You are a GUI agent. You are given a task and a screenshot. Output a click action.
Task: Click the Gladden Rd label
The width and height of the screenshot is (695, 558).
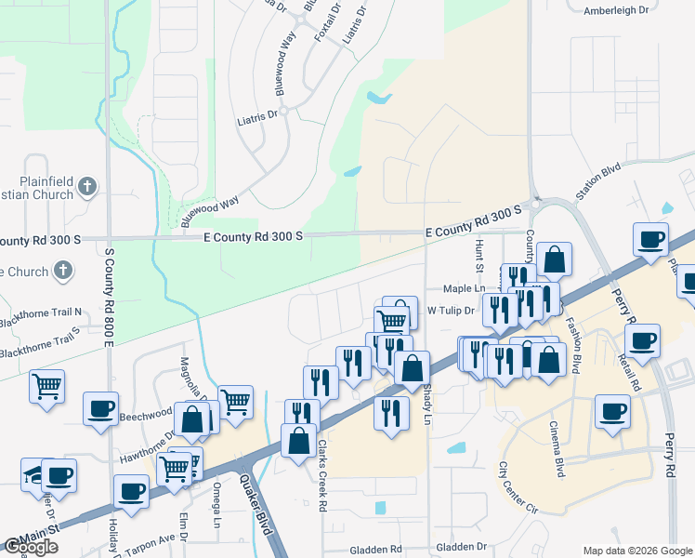click(377, 549)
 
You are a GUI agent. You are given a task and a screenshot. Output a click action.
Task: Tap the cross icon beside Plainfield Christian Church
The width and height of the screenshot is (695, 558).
click(87, 187)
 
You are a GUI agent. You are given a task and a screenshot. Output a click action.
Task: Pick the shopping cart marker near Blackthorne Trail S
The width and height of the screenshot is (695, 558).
click(46, 384)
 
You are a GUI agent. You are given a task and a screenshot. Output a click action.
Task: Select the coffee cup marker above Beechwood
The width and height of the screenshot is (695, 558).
click(100, 407)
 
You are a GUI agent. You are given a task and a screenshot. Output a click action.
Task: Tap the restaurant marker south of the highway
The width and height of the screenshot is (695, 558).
click(391, 410)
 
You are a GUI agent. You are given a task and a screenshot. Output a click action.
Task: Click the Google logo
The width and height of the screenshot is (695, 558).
click(32, 547)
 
